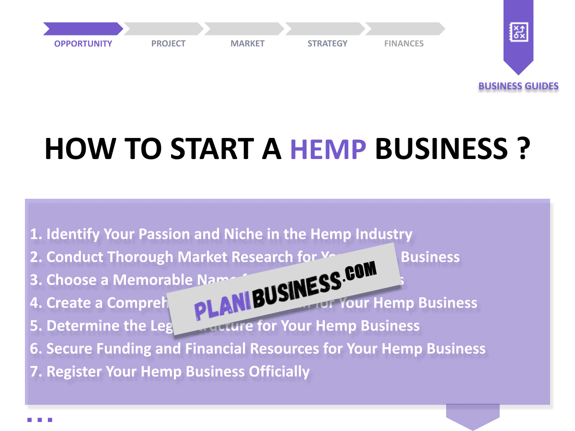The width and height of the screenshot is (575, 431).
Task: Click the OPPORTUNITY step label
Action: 83,44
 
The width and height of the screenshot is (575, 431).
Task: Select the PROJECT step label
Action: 168,44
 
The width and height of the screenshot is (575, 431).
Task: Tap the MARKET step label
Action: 247,44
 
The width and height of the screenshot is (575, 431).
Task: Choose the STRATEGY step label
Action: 327,44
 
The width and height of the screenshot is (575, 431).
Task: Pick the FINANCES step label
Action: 404,44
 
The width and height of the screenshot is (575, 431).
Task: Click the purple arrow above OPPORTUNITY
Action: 82,29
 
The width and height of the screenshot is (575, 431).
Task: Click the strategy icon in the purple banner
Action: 518,32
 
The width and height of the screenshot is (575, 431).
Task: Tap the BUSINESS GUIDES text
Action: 518,86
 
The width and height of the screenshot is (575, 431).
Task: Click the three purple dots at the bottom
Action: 40,420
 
